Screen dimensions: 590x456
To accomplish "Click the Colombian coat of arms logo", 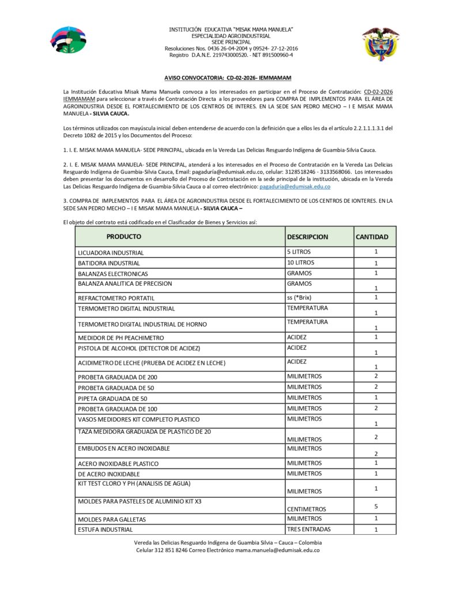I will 380,43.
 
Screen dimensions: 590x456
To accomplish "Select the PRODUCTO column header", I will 123,236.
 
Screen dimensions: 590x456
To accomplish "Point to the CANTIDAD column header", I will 372,237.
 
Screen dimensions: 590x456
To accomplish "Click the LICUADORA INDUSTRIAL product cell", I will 111,252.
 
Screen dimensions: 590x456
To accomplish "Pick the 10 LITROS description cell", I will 300,263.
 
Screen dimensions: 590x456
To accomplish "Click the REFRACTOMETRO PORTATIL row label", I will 116,298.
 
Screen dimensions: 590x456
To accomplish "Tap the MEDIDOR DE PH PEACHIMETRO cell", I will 120,338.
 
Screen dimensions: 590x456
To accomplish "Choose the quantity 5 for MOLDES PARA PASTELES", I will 375,506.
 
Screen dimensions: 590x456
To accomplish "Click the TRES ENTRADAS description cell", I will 308,529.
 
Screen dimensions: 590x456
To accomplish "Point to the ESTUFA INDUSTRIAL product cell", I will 105,530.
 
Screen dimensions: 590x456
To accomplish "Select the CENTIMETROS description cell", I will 306,509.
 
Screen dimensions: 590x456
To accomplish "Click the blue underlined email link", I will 295,187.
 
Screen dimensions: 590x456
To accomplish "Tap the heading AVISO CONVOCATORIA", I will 228,77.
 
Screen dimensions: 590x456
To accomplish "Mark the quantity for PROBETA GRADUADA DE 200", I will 375,376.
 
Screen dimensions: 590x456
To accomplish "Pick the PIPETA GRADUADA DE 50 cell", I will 112,399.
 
